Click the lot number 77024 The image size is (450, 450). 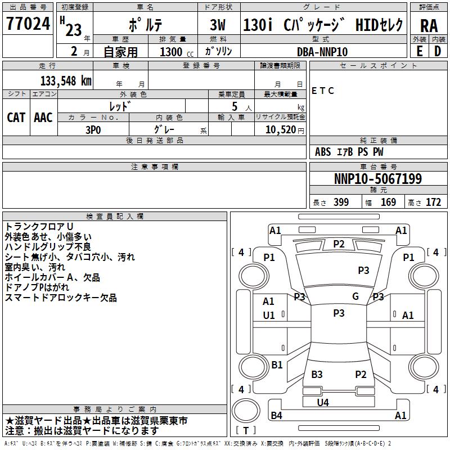29,25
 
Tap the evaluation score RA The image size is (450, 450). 429,25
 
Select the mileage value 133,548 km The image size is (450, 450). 66,80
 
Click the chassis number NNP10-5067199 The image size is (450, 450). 377,179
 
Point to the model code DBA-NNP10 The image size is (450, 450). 322,52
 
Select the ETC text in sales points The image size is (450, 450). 323,91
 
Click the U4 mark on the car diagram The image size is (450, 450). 323,402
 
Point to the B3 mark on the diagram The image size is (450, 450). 317,375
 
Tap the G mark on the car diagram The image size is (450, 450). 355,296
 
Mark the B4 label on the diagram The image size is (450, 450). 276,416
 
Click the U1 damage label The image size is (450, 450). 269,316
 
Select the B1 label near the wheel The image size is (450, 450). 277,365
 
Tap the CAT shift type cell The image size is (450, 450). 16,118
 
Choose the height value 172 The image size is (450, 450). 433,202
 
